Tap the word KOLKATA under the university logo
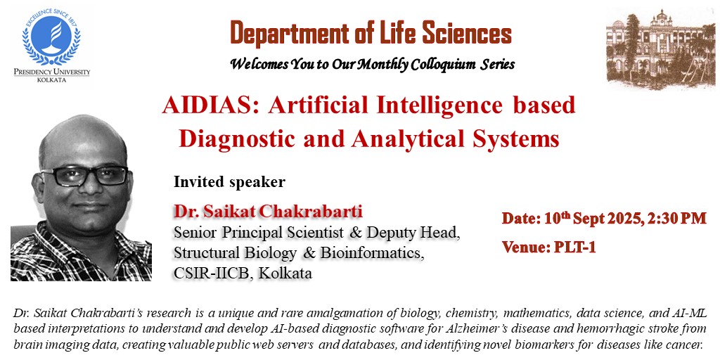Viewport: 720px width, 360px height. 51,79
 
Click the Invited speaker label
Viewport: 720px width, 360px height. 229,182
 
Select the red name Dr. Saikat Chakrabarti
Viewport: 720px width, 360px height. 268,212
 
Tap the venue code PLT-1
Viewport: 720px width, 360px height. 575,247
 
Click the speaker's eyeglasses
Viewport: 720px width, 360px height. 85,176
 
